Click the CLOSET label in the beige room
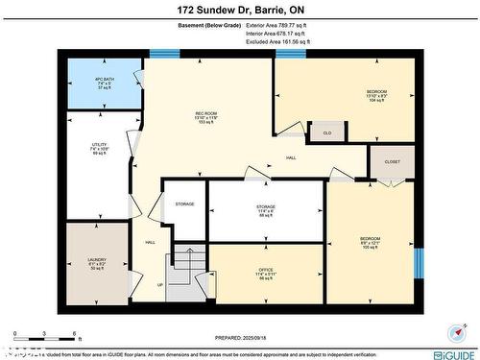pyautogui.click(x=392, y=162)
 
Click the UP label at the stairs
pyautogui.click(x=159, y=285)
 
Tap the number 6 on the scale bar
pyautogui.click(x=75, y=333)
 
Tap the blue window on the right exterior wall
pyautogui.click(x=418, y=262)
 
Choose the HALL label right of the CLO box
pyautogui.click(x=290, y=158)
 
